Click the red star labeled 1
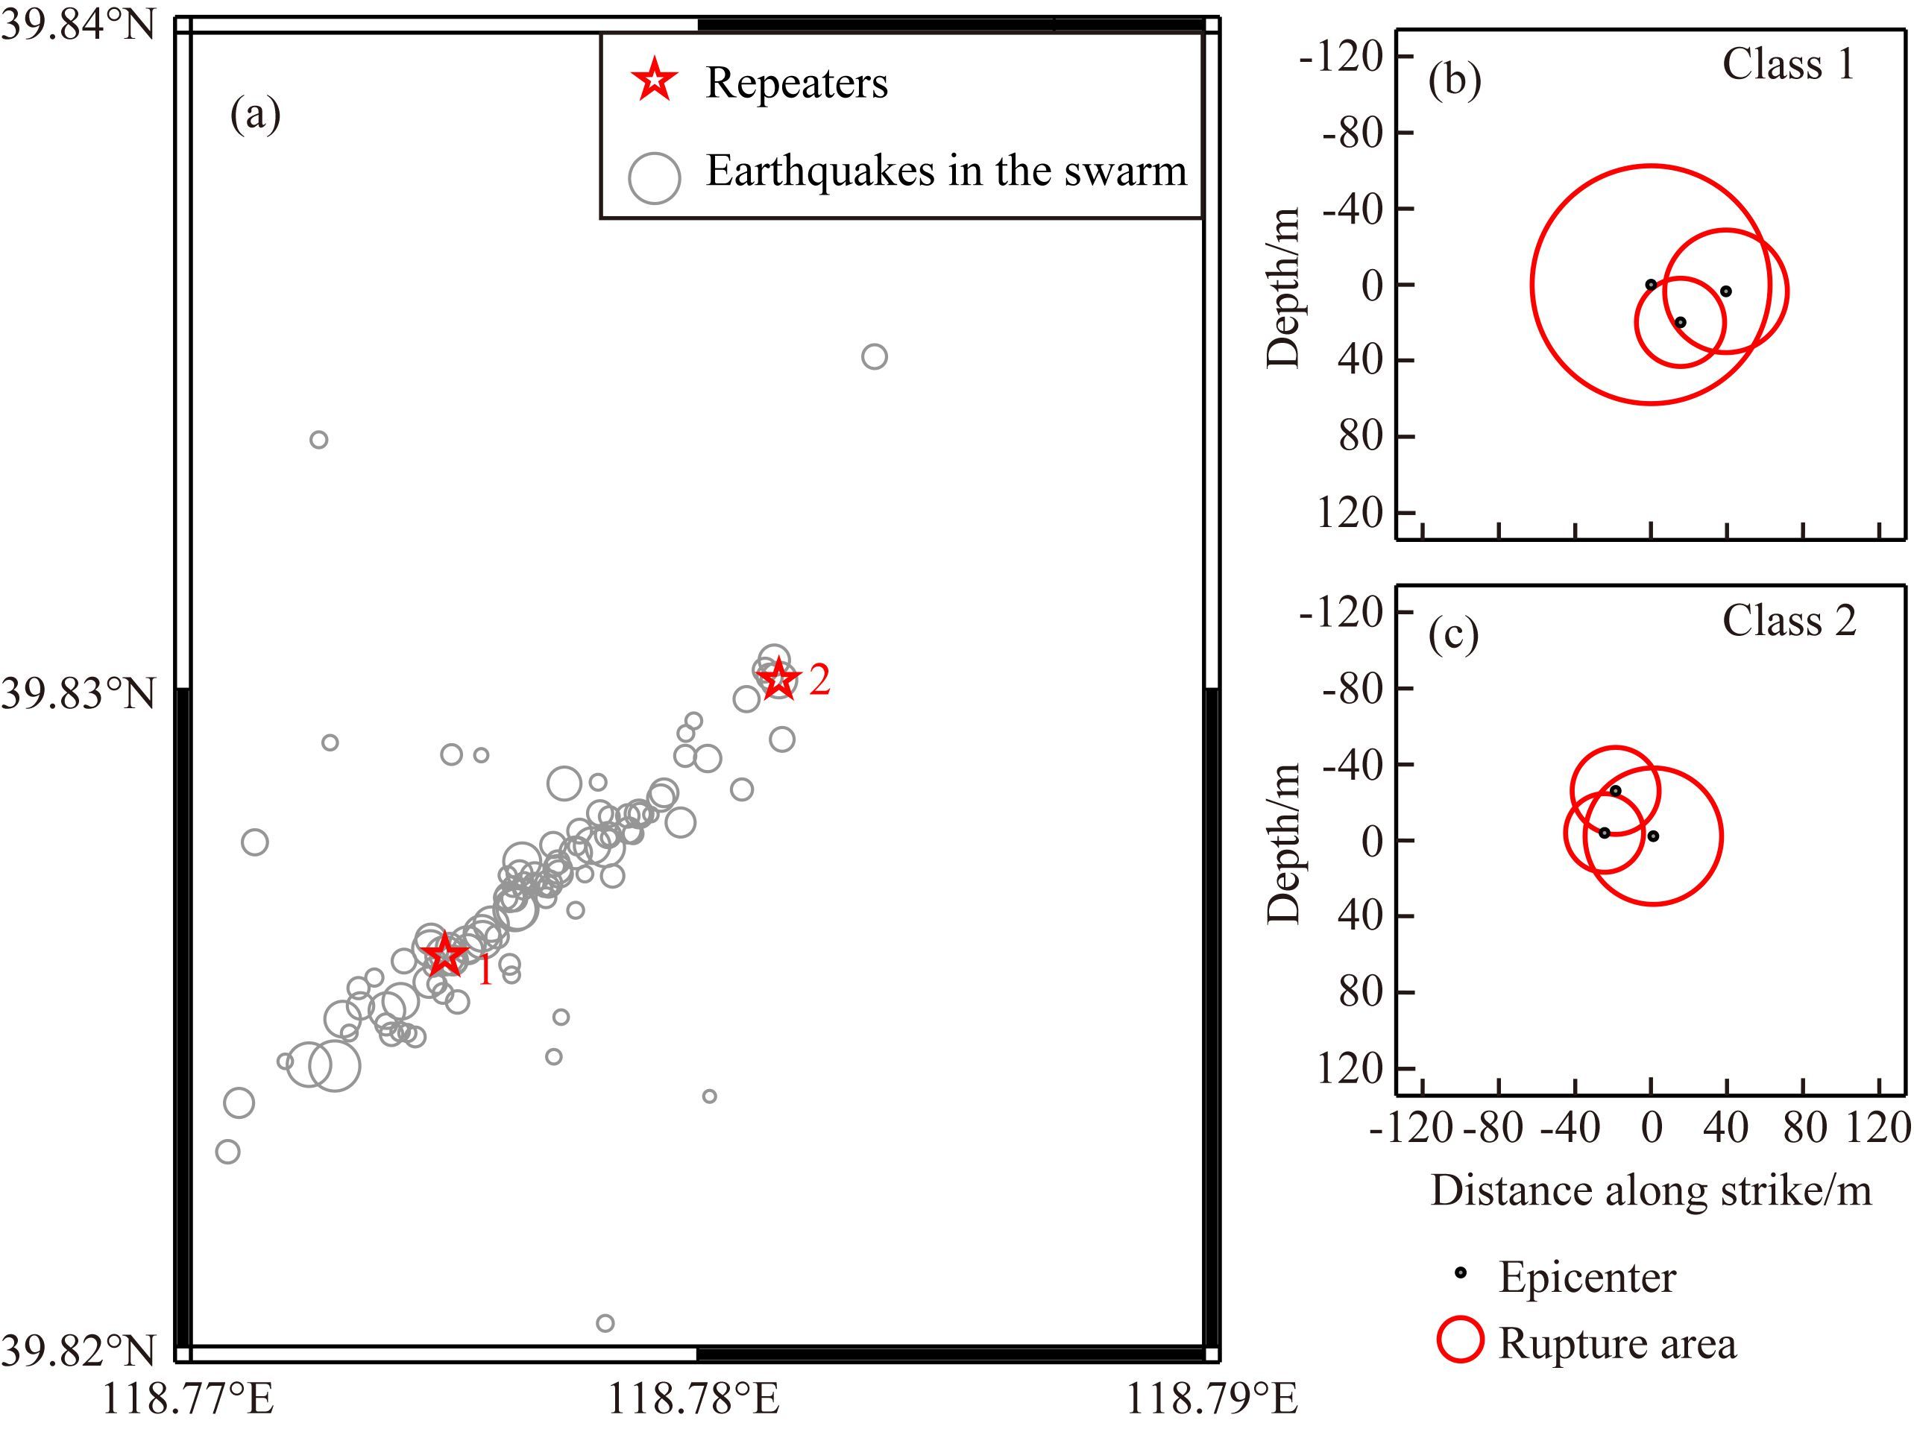coord(444,955)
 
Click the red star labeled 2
coord(778,678)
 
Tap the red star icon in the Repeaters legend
coord(654,81)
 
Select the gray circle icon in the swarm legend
coord(654,177)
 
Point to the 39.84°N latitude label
coord(78,24)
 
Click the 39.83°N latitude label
coord(78,693)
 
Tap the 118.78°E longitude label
coord(693,1397)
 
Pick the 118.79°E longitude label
coord(1212,1397)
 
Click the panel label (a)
coord(255,113)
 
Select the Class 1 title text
coord(1789,64)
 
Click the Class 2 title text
coord(1789,620)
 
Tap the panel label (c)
coord(1454,635)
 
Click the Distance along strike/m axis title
coord(1651,1191)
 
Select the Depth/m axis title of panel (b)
coord(1283,288)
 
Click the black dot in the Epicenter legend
coord(1461,1272)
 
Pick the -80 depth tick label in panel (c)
coord(1354,689)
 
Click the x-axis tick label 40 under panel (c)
coord(1726,1127)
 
